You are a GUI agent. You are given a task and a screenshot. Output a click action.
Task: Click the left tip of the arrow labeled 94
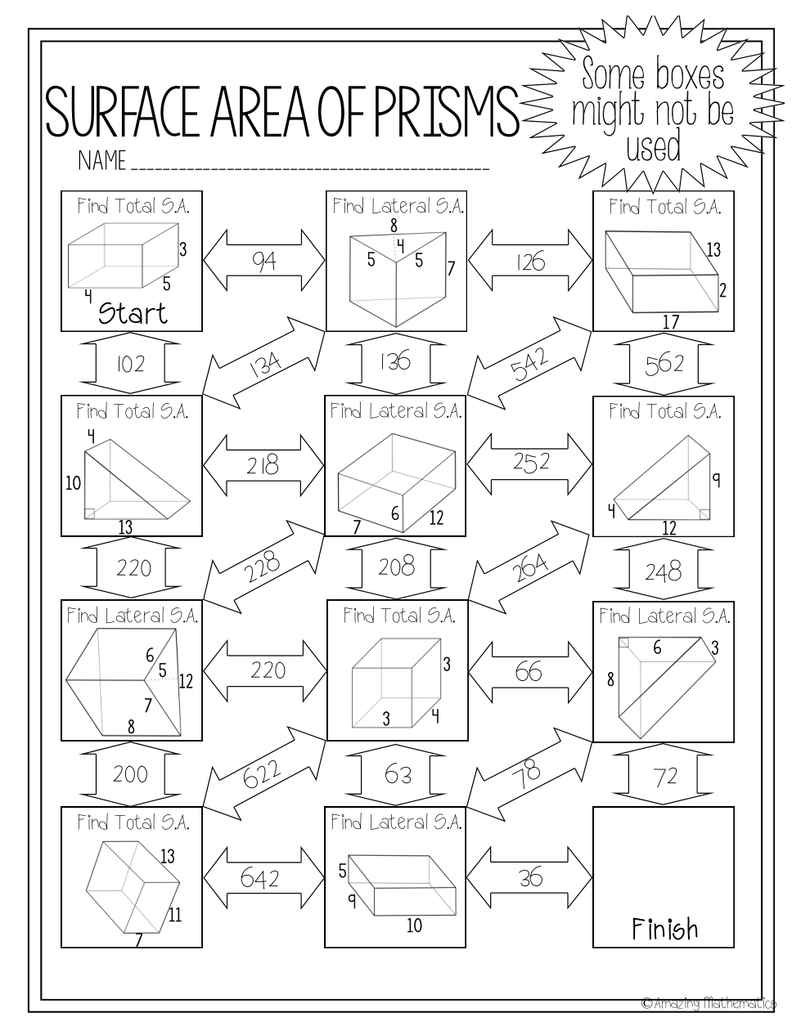204,260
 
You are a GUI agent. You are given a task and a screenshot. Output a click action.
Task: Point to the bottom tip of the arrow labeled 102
131,394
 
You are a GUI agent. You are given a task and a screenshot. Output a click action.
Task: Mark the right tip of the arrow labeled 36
592,877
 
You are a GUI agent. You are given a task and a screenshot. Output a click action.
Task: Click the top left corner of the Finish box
593,808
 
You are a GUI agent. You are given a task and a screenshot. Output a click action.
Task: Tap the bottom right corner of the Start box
202,331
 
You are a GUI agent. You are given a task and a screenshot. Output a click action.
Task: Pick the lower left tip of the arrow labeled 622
204,806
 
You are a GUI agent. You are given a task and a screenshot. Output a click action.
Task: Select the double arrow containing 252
530,464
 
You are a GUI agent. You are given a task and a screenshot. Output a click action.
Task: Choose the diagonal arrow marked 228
264,567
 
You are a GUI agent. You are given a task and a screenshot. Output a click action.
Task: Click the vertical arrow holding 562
664,364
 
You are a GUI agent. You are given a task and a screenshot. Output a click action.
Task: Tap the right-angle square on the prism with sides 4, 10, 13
89,513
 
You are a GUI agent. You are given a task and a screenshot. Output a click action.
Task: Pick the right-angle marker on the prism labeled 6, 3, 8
623,643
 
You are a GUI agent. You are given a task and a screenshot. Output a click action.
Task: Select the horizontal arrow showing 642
264,877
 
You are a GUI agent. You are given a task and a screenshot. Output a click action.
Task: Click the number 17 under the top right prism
670,322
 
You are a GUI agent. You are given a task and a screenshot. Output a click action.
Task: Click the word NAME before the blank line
102,161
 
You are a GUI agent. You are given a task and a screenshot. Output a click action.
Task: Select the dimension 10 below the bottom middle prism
414,925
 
